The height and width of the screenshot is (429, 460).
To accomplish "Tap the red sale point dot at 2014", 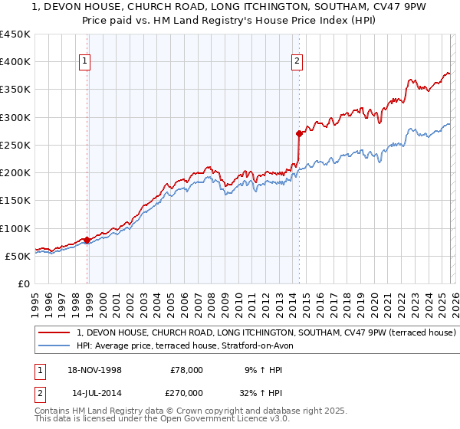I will point(299,133).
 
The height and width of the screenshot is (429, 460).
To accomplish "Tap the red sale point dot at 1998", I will point(87,240).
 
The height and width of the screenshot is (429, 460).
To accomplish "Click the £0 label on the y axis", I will point(22,283).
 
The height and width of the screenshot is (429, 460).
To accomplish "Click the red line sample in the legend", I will point(55,333).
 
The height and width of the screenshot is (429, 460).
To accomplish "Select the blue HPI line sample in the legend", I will point(55,345).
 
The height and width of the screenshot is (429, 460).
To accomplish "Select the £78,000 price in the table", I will point(186,369).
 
